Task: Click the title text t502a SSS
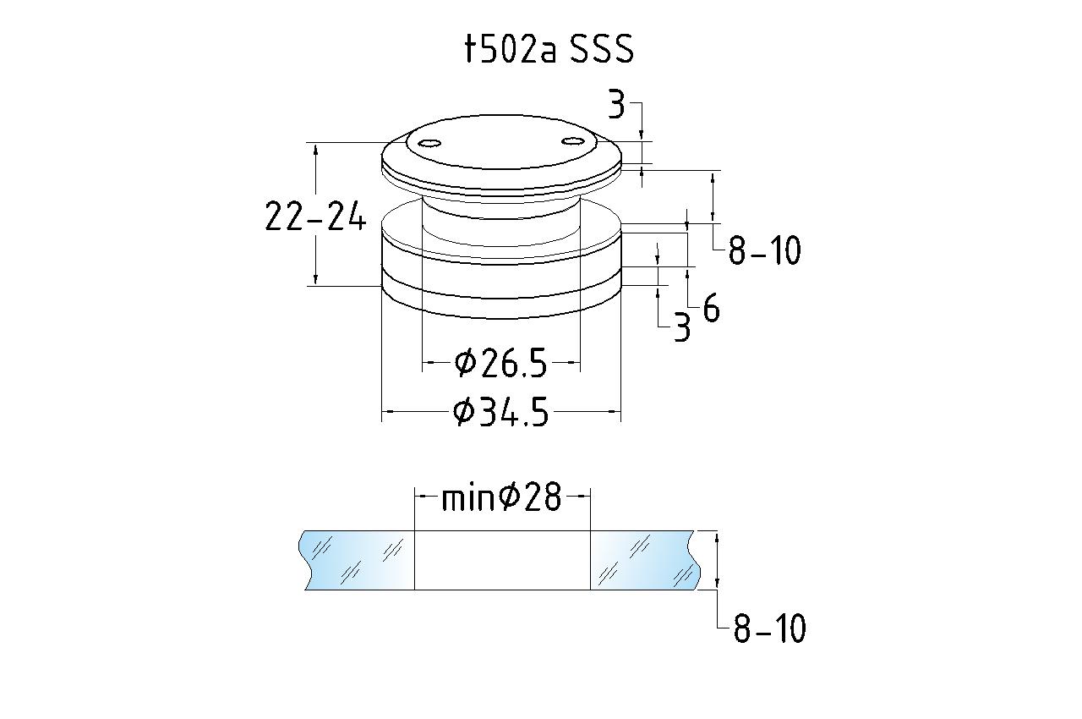point(549,49)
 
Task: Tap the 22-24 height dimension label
point(315,216)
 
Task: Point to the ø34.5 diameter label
point(501,412)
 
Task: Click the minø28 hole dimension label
point(502,497)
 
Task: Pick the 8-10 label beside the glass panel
point(769,628)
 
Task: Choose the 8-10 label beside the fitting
point(765,250)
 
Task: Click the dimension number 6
point(711,308)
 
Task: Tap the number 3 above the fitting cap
point(616,105)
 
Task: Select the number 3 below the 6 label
point(682,327)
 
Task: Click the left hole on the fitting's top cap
point(429,143)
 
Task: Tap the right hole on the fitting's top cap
point(573,140)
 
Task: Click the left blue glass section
point(357,560)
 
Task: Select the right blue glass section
point(646,560)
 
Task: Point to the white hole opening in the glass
point(502,560)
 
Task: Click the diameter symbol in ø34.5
point(464,412)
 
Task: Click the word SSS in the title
point(602,49)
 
